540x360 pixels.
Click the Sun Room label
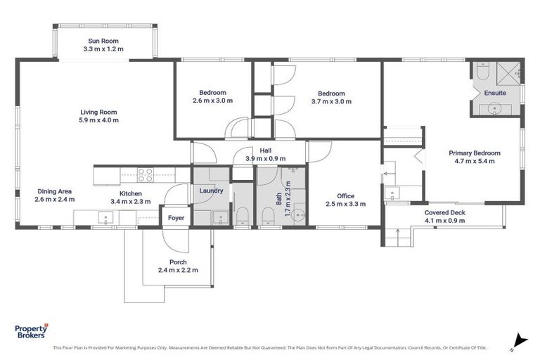tap(103, 41)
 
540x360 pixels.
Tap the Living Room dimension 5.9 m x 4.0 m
tap(98, 120)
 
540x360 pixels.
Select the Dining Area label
tap(55, 191)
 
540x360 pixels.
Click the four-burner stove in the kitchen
tap(145, 173)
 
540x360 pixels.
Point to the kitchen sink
tap(104, 217)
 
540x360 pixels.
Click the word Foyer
tap(176, 218)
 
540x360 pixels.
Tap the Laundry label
tap(211, 191)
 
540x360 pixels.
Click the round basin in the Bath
tap(298, 216)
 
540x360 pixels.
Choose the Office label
tap(345, 196)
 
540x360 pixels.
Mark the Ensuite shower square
tap(510, 72)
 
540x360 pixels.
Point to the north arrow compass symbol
tap(519, 340)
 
